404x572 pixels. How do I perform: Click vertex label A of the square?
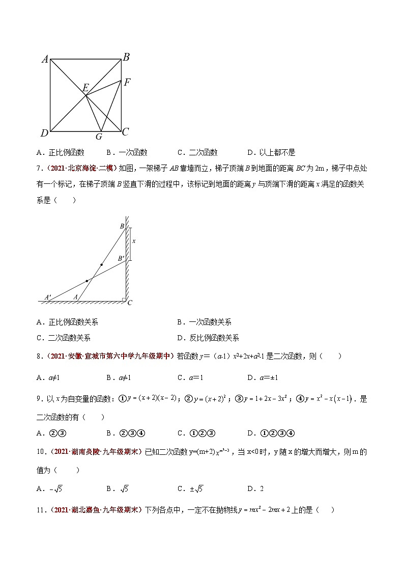tap(45, 59)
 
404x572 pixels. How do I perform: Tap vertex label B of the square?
tap(126, 57)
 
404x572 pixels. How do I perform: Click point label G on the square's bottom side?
tap(99, 137)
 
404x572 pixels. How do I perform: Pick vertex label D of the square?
tap(44, 133)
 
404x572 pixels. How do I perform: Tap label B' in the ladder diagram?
tap(121, 259)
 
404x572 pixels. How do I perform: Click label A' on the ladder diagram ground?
tap(48, 297)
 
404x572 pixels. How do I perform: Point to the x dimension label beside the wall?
tap(134, 241)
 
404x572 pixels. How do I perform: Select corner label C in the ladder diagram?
tap(130, 303)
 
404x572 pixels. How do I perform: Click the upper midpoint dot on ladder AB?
tap(101, 265)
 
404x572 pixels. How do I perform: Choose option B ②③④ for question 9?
tap(126, 433)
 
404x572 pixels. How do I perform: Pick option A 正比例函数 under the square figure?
tap(61, 152)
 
